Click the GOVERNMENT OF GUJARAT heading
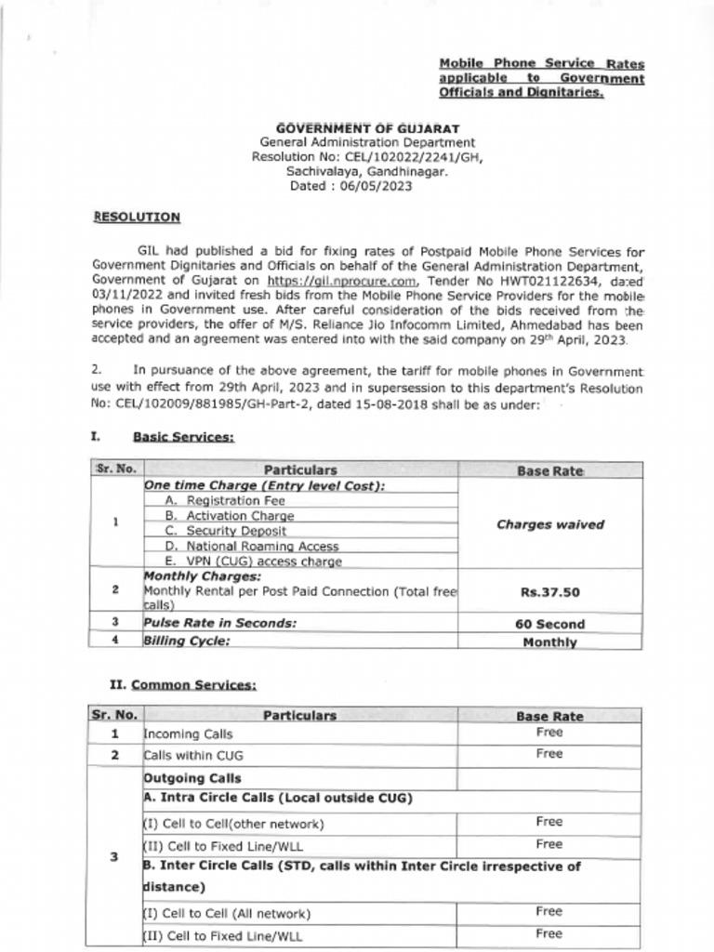(x=367, y=127)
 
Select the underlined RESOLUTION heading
(x=137, y=217)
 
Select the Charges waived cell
(x=549, y=524)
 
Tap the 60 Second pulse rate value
(x=549, y=624)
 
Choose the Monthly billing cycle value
(x=549, y=641)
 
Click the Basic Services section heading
(x=183, y=436)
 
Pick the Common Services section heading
(x=193, y=685)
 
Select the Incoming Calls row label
(x=188, y=734)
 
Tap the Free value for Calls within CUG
(x=549, y=754)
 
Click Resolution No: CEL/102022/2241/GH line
(x=367, y=157)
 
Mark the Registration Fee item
(x=224, y=500)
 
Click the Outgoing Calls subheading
(x=192, y=778)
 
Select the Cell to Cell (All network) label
(x=227, y=914)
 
